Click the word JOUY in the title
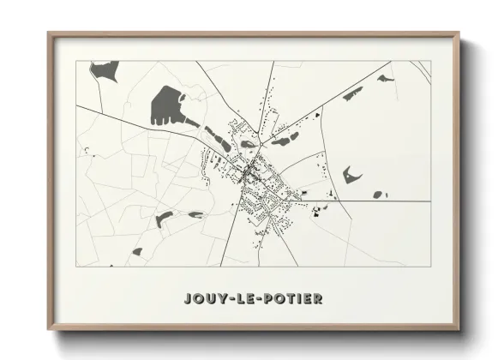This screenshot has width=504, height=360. pyautogui.click(x=204, y=298)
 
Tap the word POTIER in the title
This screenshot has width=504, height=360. pyautogui.click(x=291, y=298)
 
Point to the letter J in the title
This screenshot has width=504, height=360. pyautogui.click(x=188, y=298)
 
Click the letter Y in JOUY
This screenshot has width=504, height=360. pyautogui.click(x=220, y=298)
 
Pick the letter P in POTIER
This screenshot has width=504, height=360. pyautogui.click(x=265, y=298)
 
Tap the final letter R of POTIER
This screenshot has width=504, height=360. pyautogui.click(x=316, y=298)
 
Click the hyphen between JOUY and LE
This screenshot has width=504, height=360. pyautogui.click(x=230, y=298)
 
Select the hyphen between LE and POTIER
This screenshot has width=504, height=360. pyautogui.click(x=256, y=298)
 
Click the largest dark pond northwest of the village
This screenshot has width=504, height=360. pyautogui.click(x=166, y=106)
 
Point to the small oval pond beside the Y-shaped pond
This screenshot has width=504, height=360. pyautogui.click(x=378, y=195)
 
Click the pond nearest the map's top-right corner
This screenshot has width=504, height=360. pyautogui.click(x=385, y=79)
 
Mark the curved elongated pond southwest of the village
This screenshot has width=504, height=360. pyautogui.click(x=163, y=219)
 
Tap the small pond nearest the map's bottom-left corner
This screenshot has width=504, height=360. pyautogui.click(x=137, y=251)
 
